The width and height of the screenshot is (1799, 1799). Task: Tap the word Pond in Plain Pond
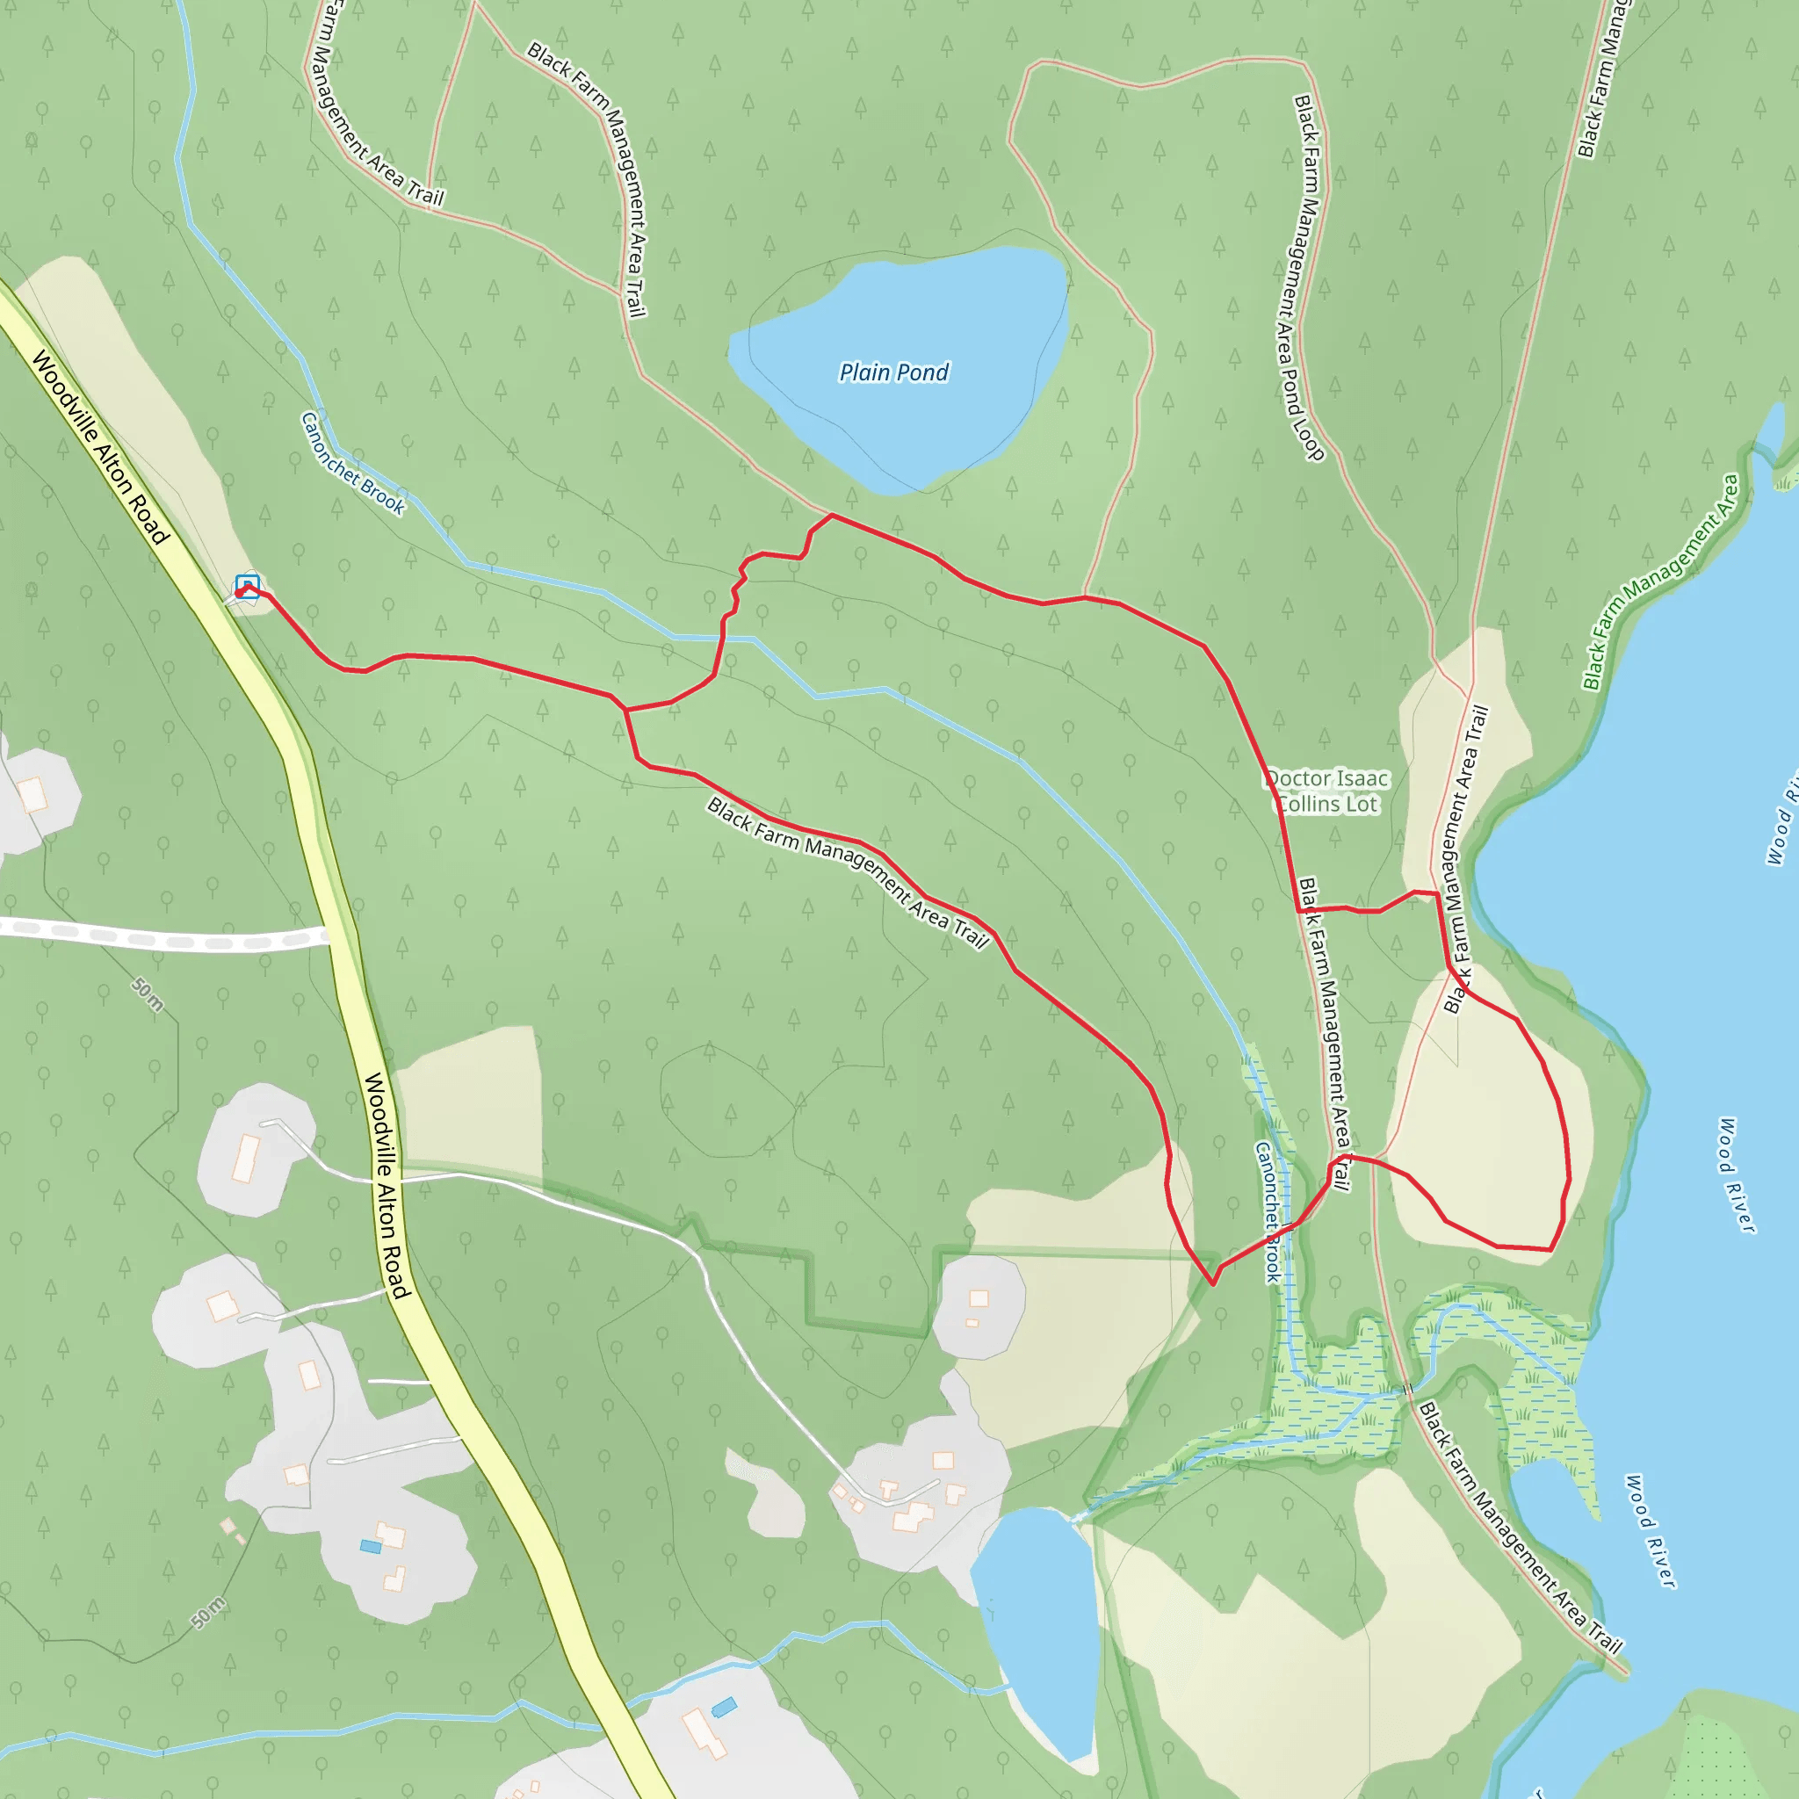[x=925, y=372]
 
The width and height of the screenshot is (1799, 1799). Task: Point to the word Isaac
[x=1362, y=778]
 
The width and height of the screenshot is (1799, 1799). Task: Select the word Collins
[x=1308, y=805]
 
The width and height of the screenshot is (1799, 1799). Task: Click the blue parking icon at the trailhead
[x=247, y=586]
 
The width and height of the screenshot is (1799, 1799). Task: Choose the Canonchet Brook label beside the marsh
[x=1268, y=1211]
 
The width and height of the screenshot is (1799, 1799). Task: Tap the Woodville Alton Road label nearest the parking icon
[x=100, y=447]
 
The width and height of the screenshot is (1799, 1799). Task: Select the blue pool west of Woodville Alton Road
[x=371, y=1547]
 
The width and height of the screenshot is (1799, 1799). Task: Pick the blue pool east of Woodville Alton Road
[x=724, y=1708]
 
